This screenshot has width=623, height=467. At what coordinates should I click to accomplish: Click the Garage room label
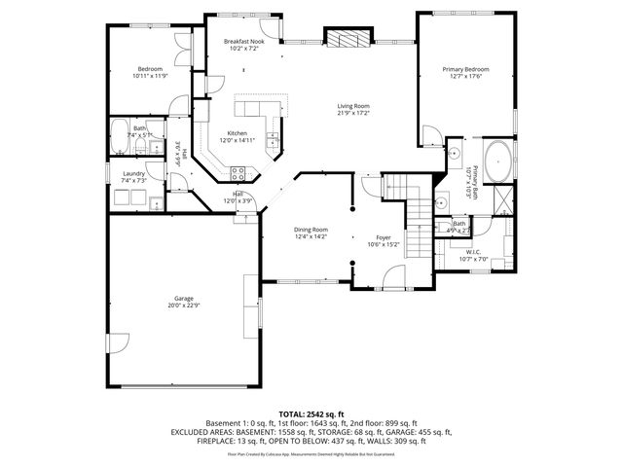tap(185, 300)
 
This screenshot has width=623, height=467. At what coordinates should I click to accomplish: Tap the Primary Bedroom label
tap(465, 70)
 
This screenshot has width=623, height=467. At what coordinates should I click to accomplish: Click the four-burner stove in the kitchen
tap(237, 174)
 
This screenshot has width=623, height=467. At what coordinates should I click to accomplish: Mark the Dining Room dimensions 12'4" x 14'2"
tap(311, 236)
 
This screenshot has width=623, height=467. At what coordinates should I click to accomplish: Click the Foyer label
tap(385, 237)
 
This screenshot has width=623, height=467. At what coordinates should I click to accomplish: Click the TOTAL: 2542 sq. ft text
tap(311, 413)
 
